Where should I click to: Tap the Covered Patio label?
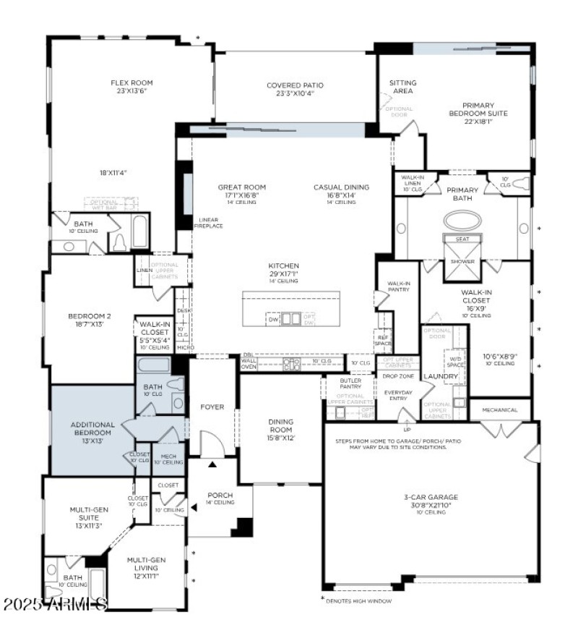coord(295,85)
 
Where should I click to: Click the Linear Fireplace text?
coord(208,223)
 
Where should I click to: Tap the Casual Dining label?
coord(341,187)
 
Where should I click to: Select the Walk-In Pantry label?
coord(398,286)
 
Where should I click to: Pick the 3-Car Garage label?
coord(431,497)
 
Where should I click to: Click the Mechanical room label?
coord(499,410)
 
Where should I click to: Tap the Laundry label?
coord(441,377)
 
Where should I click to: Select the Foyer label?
coord(212,407)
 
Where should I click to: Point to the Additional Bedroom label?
coord(92,428)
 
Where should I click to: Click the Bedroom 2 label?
coord(90,316)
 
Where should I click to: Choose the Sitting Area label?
coord(402,87)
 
